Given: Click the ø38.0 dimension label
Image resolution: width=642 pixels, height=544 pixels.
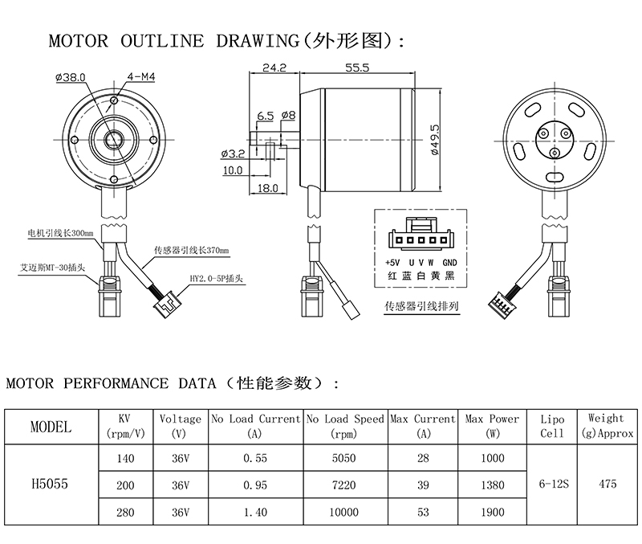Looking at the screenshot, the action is click(71, 77).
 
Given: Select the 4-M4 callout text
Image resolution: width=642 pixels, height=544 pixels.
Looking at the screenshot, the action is click(141, 76).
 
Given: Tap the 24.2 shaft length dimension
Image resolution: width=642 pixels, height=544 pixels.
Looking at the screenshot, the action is click(274, 67).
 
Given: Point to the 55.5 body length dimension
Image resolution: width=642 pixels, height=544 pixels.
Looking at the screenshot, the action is click(357, 67).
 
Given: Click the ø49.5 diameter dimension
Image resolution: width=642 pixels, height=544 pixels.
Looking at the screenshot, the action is click(435, 140).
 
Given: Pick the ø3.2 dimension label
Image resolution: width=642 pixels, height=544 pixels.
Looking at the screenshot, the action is click(233, 154).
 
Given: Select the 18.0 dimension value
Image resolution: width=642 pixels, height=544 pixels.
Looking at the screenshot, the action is click(268, 188).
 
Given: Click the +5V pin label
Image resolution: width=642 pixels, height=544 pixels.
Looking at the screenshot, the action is click(392, 263).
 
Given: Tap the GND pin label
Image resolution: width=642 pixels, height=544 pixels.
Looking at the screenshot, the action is click(449, 263).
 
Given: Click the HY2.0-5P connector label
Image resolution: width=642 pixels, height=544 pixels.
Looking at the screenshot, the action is click(216, 279).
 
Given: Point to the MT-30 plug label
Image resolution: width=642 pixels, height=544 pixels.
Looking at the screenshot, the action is click(53, 268).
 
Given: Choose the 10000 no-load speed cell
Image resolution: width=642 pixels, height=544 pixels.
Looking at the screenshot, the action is click(344, 512).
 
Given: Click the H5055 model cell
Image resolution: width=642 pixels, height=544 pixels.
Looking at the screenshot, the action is click(50, 485).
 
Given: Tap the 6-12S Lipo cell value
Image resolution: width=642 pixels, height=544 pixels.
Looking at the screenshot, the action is click(554, 485).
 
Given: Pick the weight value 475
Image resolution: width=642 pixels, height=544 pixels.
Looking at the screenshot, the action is click(607, 485).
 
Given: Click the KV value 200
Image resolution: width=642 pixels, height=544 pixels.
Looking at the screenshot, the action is click(125, 485).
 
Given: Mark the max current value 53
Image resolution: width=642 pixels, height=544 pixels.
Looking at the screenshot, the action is click(423, 512).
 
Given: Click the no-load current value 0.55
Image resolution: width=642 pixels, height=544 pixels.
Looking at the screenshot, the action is click(255, 458).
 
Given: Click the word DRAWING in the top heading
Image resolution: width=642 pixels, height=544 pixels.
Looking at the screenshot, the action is click(258, 41).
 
